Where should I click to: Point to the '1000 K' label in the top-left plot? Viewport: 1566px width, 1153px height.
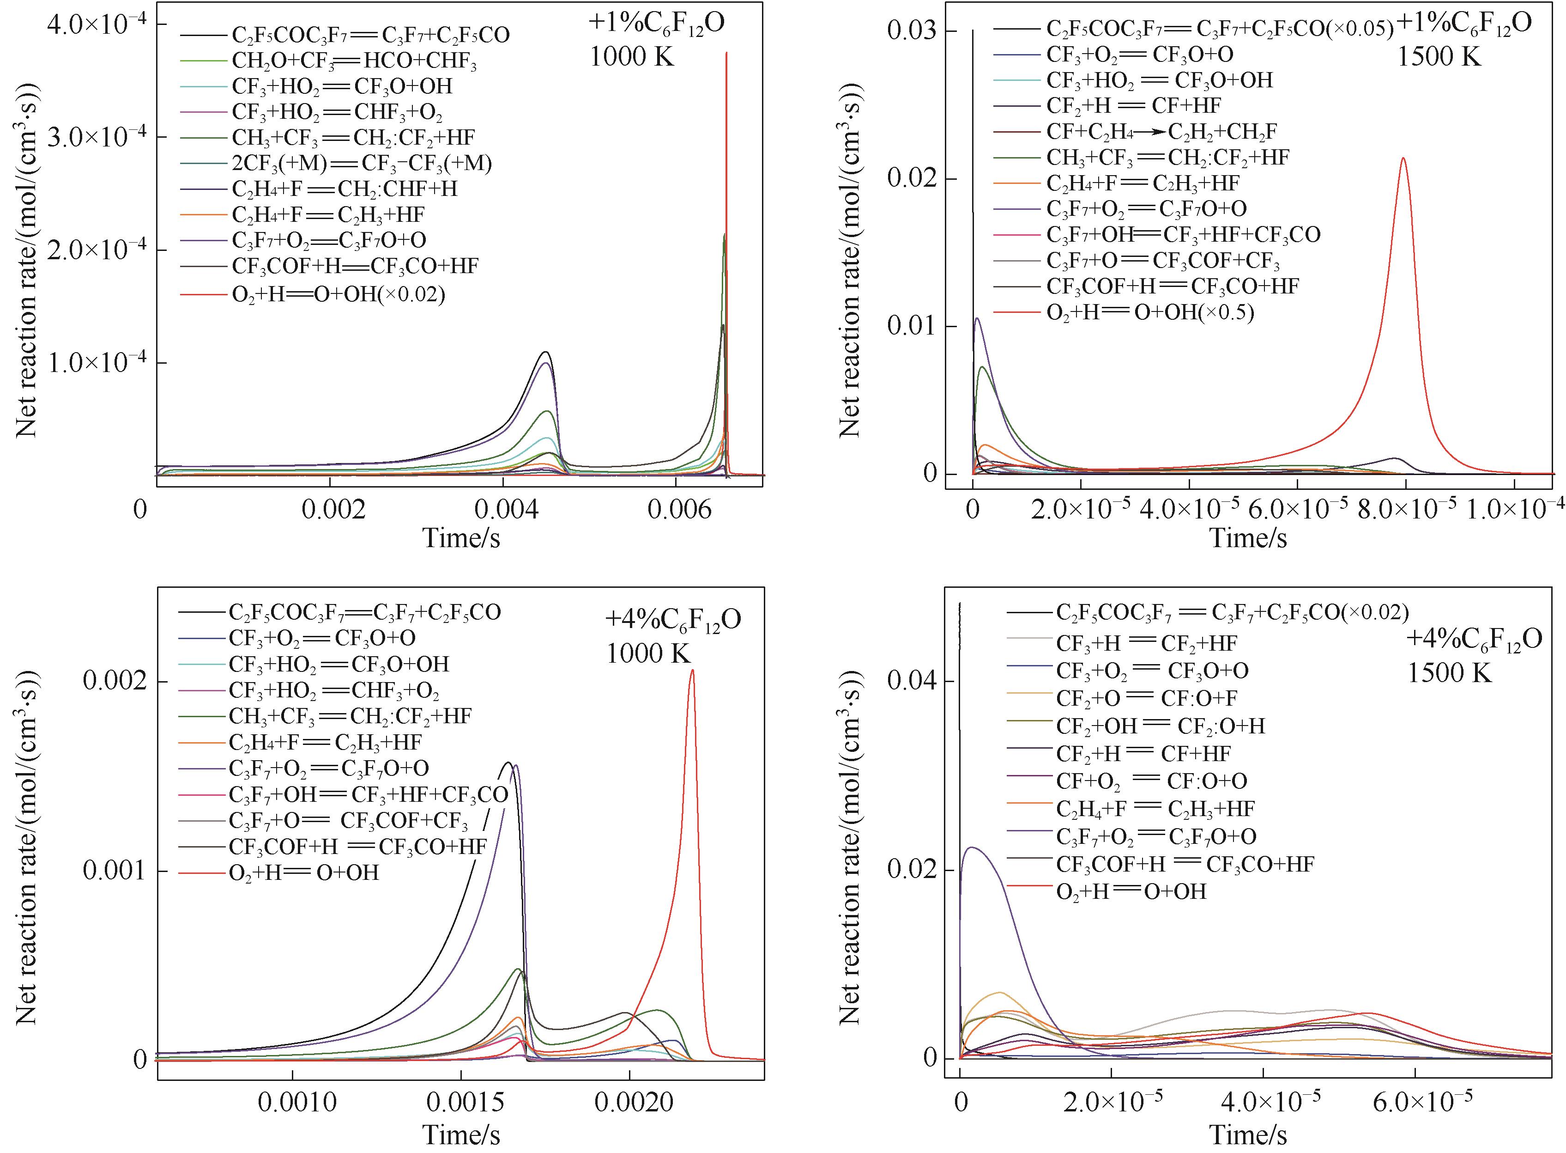(x=632, y=56)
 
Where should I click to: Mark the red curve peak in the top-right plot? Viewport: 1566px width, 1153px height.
(x=1403, y=159)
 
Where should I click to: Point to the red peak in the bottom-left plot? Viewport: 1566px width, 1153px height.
(x=692, y=670)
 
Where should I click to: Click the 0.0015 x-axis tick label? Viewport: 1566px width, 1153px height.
(x=461, y=1102)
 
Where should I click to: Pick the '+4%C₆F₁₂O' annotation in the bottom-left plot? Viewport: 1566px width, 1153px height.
(x=672, y=620)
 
